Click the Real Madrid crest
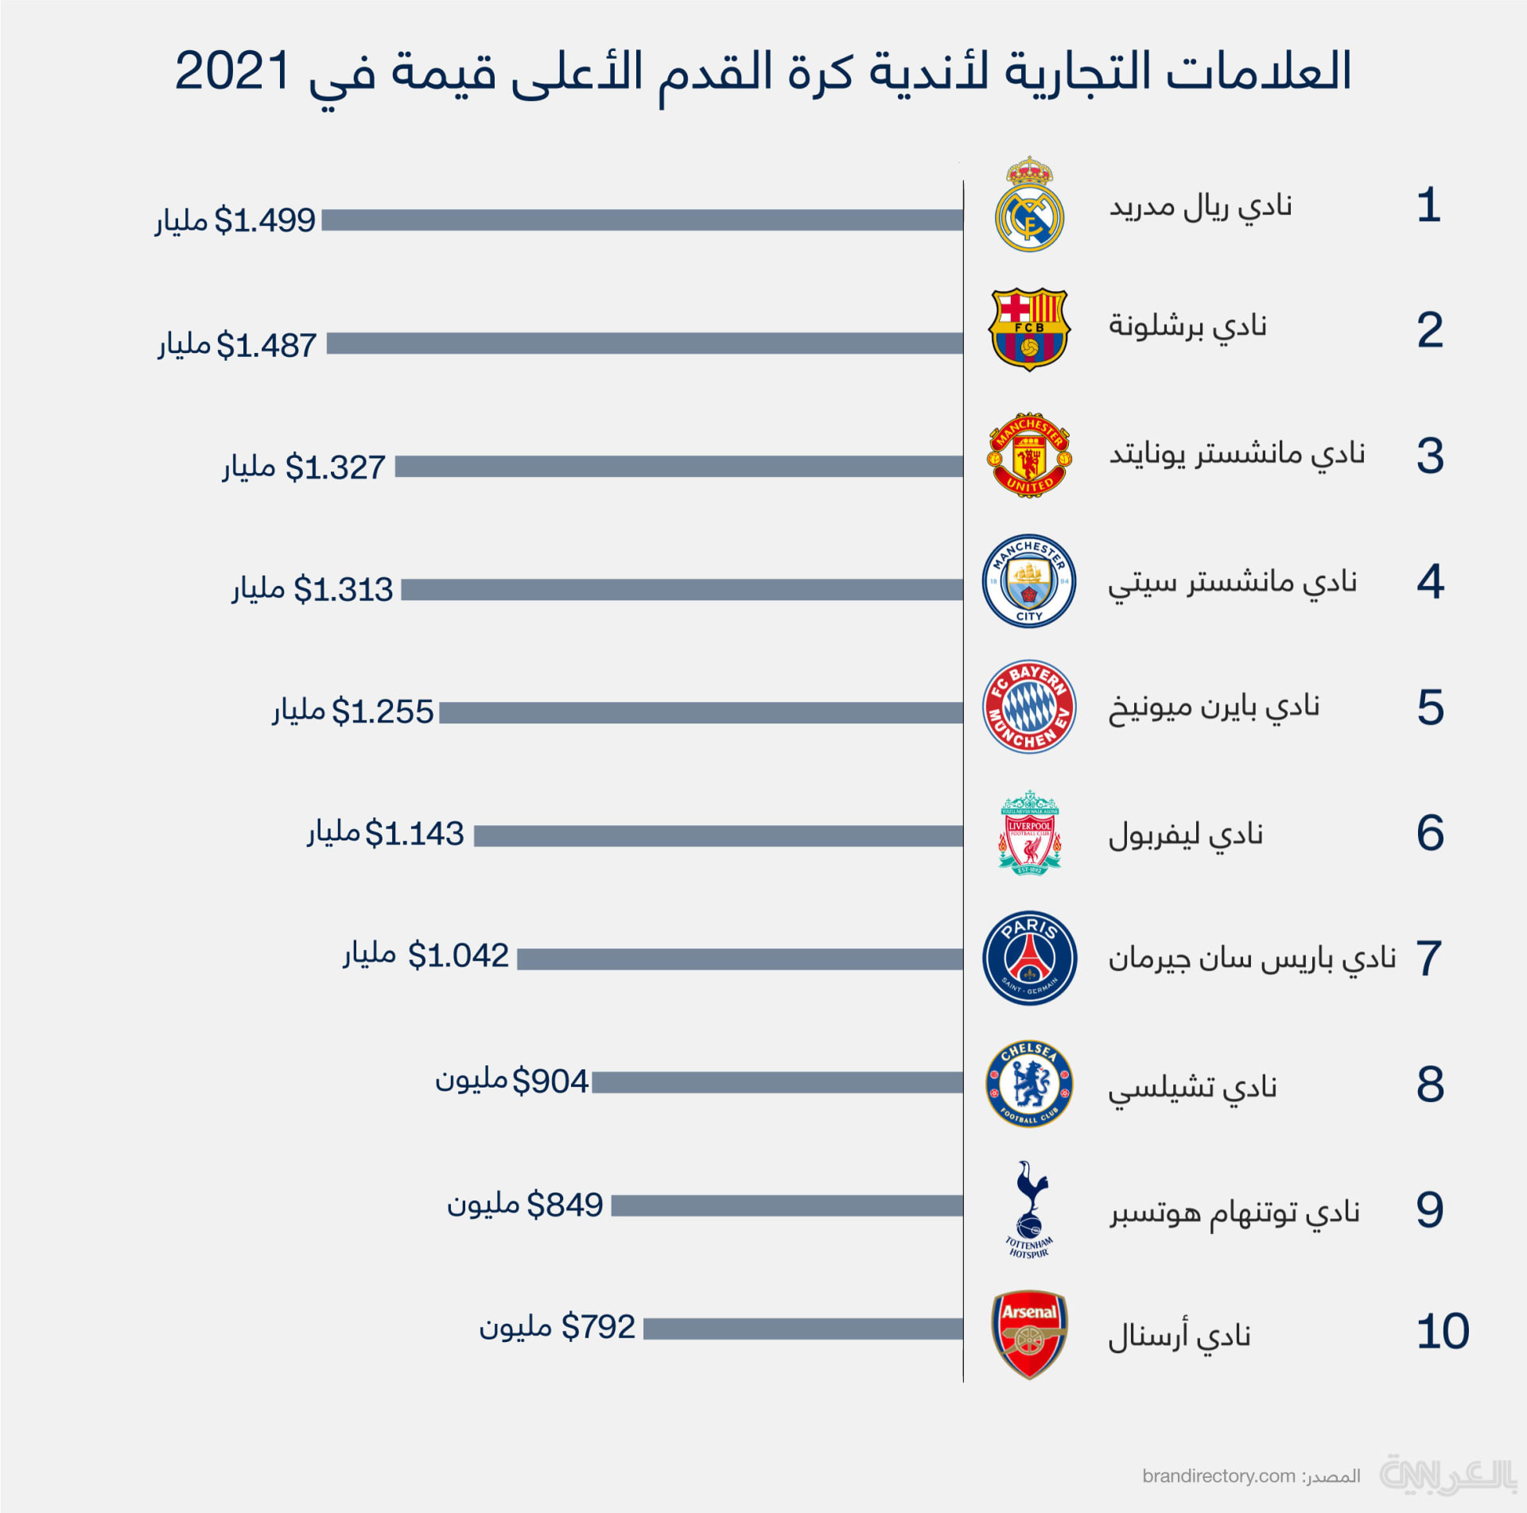click(x=1029, y=205)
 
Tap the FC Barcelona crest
click(x=1029, y=329)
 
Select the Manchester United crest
click(x=1029, y=455)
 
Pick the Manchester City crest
click(x=1029, y=580)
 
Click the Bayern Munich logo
click(x=1029, y=706)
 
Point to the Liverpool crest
click(x=1029, y=832)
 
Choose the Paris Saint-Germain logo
click(x=1029, y=958)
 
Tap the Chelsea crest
click(x=1029, y=1083)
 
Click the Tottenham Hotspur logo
click(x=1029, y=1208)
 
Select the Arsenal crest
click(x=1029, y=1334)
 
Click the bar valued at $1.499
click(x=642, y=220)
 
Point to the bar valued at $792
click(x=803, y=1329)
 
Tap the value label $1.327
click(x=335, y=467)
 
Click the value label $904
click(x=550, y=1081)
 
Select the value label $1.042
click(x=457, y=956)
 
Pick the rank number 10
click(x=1442, y=1332)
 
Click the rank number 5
click(x=1430, y=708)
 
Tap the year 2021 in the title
click(x=232, y=72)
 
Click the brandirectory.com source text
click(x=1218, y=1476)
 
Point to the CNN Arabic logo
click(x=1447, y=1475)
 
